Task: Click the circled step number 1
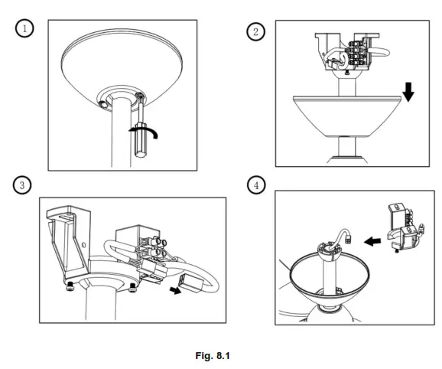click(x=26, y=28)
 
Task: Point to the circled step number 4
click(x=256, y=186)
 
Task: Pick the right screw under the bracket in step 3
click(x=133, y=288)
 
